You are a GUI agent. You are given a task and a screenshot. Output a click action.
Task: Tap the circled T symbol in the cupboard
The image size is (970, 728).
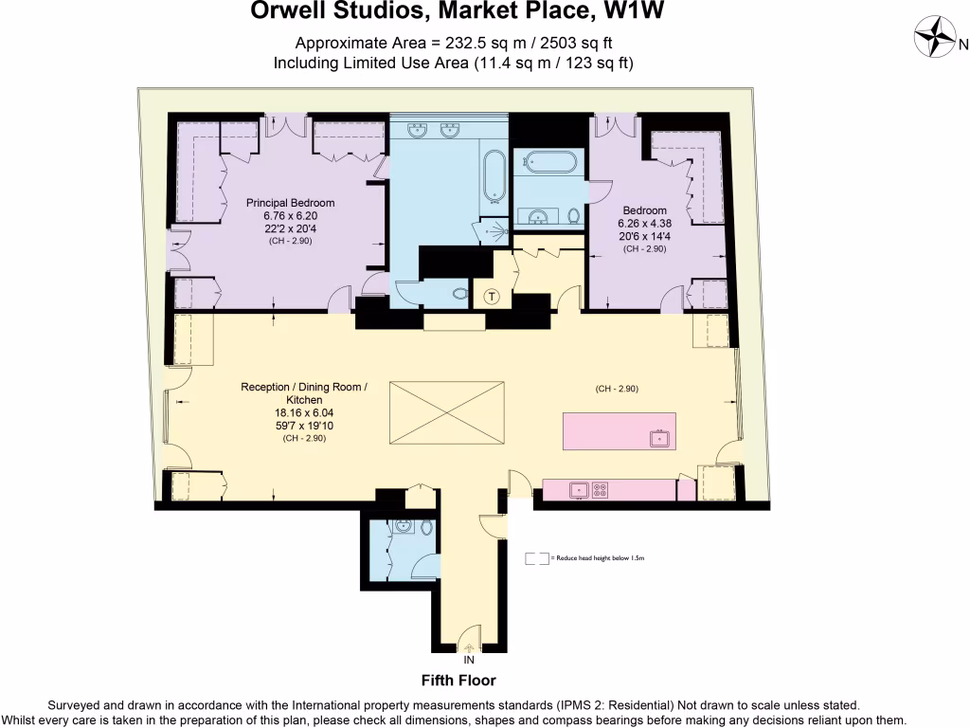tap(491, 297)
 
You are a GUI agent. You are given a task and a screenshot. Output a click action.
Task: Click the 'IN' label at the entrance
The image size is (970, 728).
tap(469, 661)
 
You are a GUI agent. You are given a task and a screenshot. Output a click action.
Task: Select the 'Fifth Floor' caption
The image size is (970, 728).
tap(458, 681)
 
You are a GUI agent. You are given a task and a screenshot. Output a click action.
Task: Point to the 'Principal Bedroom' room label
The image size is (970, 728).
tap(291, 203)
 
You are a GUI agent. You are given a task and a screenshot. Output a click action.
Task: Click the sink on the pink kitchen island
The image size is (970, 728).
tap(656, 438)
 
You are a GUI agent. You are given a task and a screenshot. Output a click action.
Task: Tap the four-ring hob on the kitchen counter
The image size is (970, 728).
tap(600, 490)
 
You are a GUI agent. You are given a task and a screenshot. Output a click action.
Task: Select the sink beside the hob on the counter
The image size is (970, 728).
tap(577, 490)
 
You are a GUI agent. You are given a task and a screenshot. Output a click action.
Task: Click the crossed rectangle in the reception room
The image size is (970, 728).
tap(448, 411)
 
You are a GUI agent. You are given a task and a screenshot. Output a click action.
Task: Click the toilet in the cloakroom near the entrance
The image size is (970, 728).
tap(426, 528)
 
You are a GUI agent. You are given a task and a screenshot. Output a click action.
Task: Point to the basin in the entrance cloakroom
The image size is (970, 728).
tap(403, 528)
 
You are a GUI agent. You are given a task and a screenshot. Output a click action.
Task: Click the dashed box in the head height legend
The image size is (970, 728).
tap(536, 559)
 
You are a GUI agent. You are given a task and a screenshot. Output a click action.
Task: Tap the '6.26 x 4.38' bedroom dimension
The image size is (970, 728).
tap(644, 224)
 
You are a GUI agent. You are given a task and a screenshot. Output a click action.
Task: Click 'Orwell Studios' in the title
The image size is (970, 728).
tap(320, 12)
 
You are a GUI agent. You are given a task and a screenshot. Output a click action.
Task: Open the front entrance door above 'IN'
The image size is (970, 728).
tap(469, 639)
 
